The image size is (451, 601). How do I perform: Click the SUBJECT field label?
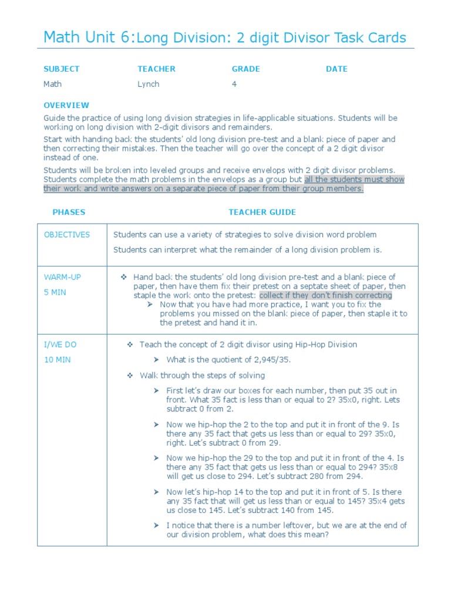[61, 69]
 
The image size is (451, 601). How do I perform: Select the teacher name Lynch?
[148, 84]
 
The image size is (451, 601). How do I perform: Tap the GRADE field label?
[245, 69]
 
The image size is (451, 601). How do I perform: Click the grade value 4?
[234, 84]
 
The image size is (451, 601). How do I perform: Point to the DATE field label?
[336, 69]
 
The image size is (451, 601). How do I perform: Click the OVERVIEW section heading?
[66, 105]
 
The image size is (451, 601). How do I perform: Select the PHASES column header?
[69, 212]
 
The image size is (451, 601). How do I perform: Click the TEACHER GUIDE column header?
[262, 212]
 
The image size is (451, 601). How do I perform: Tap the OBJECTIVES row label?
[67, 235]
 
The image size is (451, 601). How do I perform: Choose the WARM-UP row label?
[63, 276]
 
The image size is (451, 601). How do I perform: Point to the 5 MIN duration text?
[55, 292]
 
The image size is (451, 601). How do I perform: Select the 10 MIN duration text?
[57, 360]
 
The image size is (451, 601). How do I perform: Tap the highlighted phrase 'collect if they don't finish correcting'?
[325, 295]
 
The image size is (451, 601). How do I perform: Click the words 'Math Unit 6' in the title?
[88, 38]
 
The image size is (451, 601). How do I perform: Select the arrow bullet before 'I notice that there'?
[156, 525]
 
